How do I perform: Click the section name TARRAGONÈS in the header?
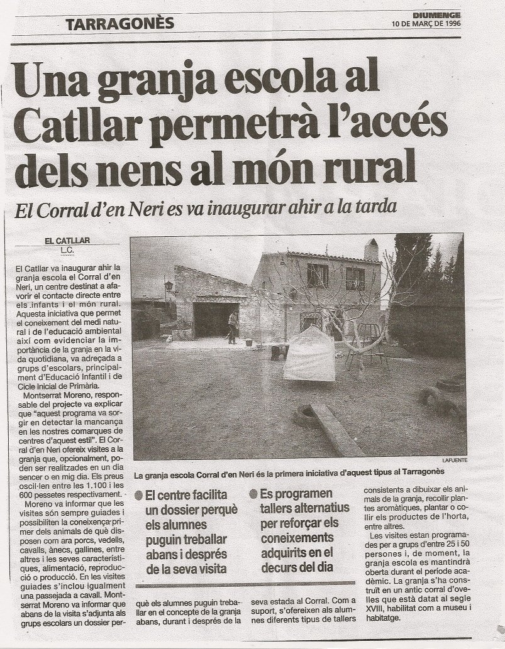tap(119, 24)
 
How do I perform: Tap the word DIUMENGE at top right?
tap(437, 14)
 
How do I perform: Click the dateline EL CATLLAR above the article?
tap(68, 240)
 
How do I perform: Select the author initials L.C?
tap(67, 250)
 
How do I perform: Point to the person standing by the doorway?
tap(233, 326)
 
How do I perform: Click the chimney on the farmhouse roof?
tap(371, 249)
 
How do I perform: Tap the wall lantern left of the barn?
tap(169, 288)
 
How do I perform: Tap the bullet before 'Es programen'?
tap(253, 494)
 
